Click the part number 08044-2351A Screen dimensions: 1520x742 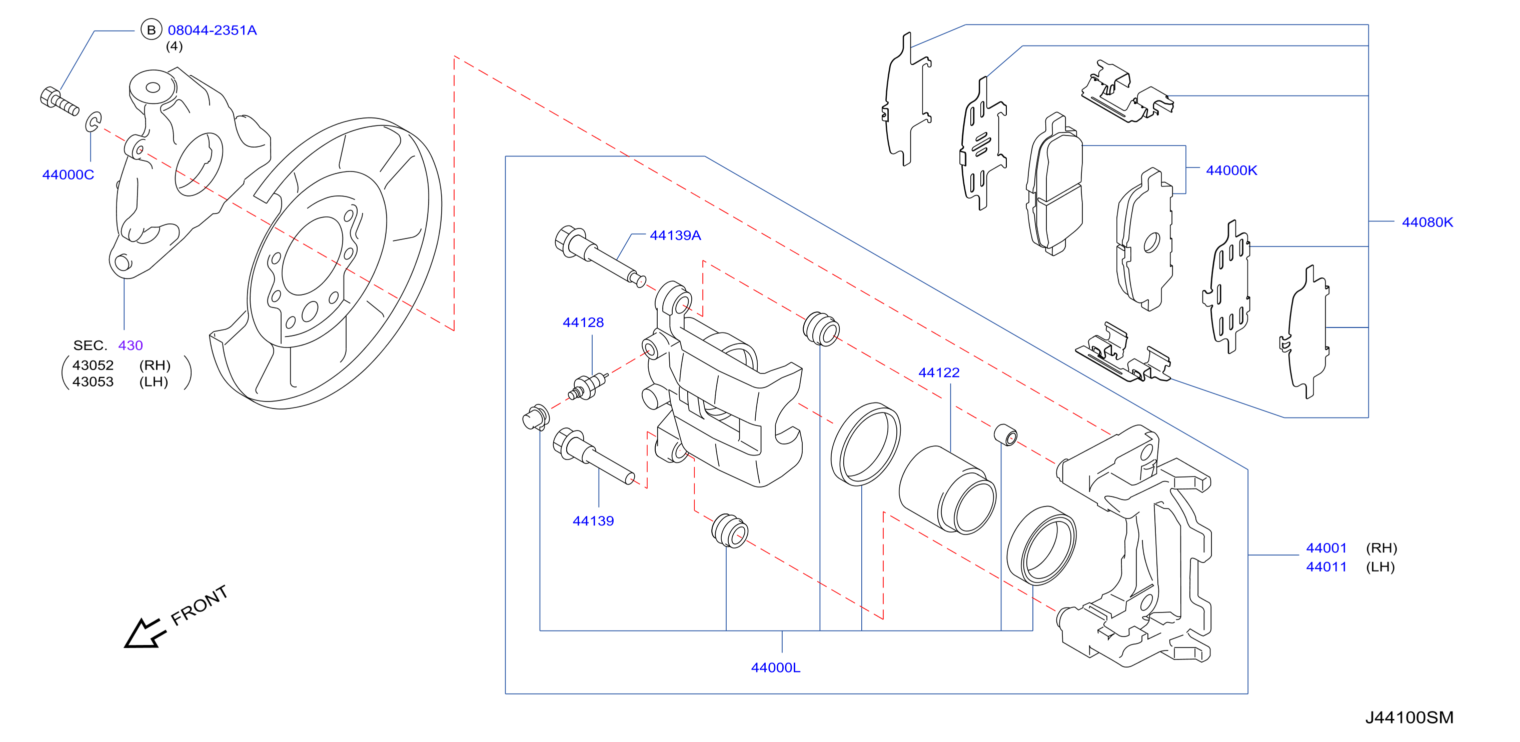(213, 30)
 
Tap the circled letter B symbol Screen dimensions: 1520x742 (151, 30)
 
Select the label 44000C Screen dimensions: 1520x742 (68, 174)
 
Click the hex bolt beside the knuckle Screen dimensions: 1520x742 (60, 101)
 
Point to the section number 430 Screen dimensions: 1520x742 (131, 345)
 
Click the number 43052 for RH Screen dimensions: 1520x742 (93, 365)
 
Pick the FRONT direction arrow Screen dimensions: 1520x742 (144, 633)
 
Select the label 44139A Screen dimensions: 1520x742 (675, 235)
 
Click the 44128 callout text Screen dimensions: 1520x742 (583, 322)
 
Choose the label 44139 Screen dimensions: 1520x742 (593, 521)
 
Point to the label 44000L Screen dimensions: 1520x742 (775, 667)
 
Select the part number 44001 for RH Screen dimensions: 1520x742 (1326, 548)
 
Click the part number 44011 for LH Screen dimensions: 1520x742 (1326, 567)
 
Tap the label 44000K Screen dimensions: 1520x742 (1231, 170)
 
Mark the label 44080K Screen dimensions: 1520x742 (1427, 222)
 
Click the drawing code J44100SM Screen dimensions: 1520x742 (1409, 717)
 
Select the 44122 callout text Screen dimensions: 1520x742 (939, 373)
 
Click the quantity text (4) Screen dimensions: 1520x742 (174, 46)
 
